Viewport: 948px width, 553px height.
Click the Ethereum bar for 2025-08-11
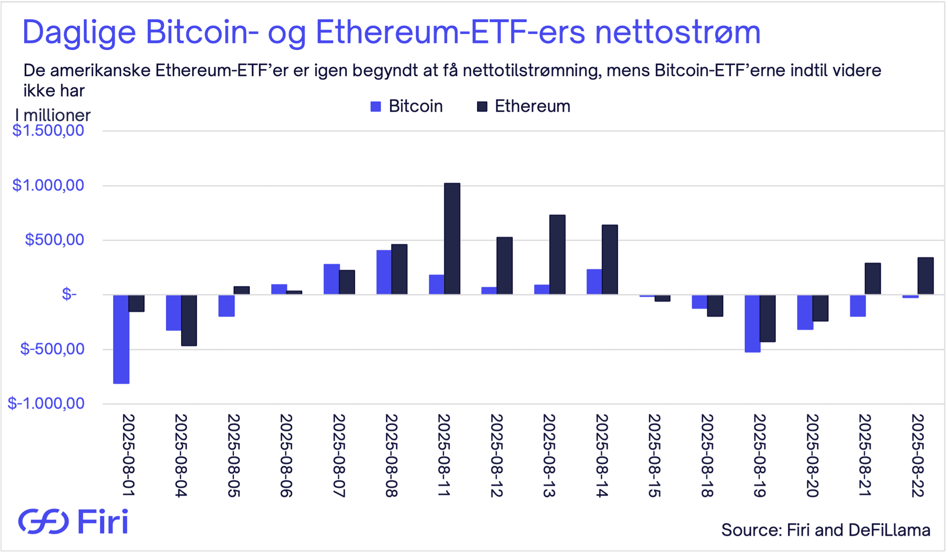click(x=452, y=239)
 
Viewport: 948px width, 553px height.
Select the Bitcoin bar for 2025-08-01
click(x=121, y=339)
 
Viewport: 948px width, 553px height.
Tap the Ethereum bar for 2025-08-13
click(x=557, y=255)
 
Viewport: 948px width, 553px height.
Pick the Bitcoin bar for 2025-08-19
click(x=752, y=323)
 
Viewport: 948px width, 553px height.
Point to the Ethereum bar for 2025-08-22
click(x=925, y=276)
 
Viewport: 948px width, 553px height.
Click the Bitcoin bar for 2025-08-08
click(x=384, y=272)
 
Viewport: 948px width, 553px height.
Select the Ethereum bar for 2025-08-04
click(x=189, y=320)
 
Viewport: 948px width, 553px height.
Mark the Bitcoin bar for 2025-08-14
click(x=594, y=282)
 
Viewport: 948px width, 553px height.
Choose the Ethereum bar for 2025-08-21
click(x=872, y=278)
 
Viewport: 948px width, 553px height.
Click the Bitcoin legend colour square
click(x=376, y=107)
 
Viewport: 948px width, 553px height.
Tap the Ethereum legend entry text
click(x=532, y=106)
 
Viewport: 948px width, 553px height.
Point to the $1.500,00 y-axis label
click(x=48, y=130)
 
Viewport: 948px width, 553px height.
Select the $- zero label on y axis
click(x=69, y=294)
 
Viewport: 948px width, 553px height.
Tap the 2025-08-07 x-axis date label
click(x=338, y=455)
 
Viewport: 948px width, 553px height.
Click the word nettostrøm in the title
click(x=677, y=33)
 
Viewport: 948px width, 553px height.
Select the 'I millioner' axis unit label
click(x=53, y=115)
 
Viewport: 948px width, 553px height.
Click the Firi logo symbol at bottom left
click(x=43, y=521)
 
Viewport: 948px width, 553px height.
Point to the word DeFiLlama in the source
click(x=889, y=530)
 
